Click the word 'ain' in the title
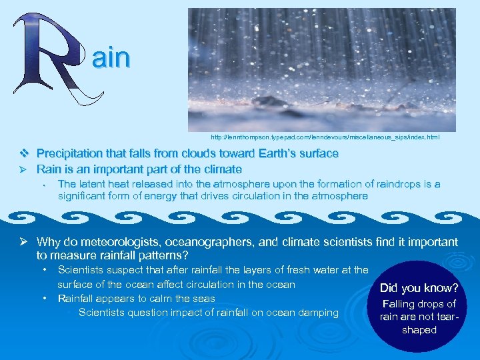[x=111, y=59]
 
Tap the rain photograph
[x=321, y=69]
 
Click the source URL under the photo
[x=325, y=137]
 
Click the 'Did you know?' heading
[x=419, y=289]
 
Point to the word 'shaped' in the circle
[x=419, y=330]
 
